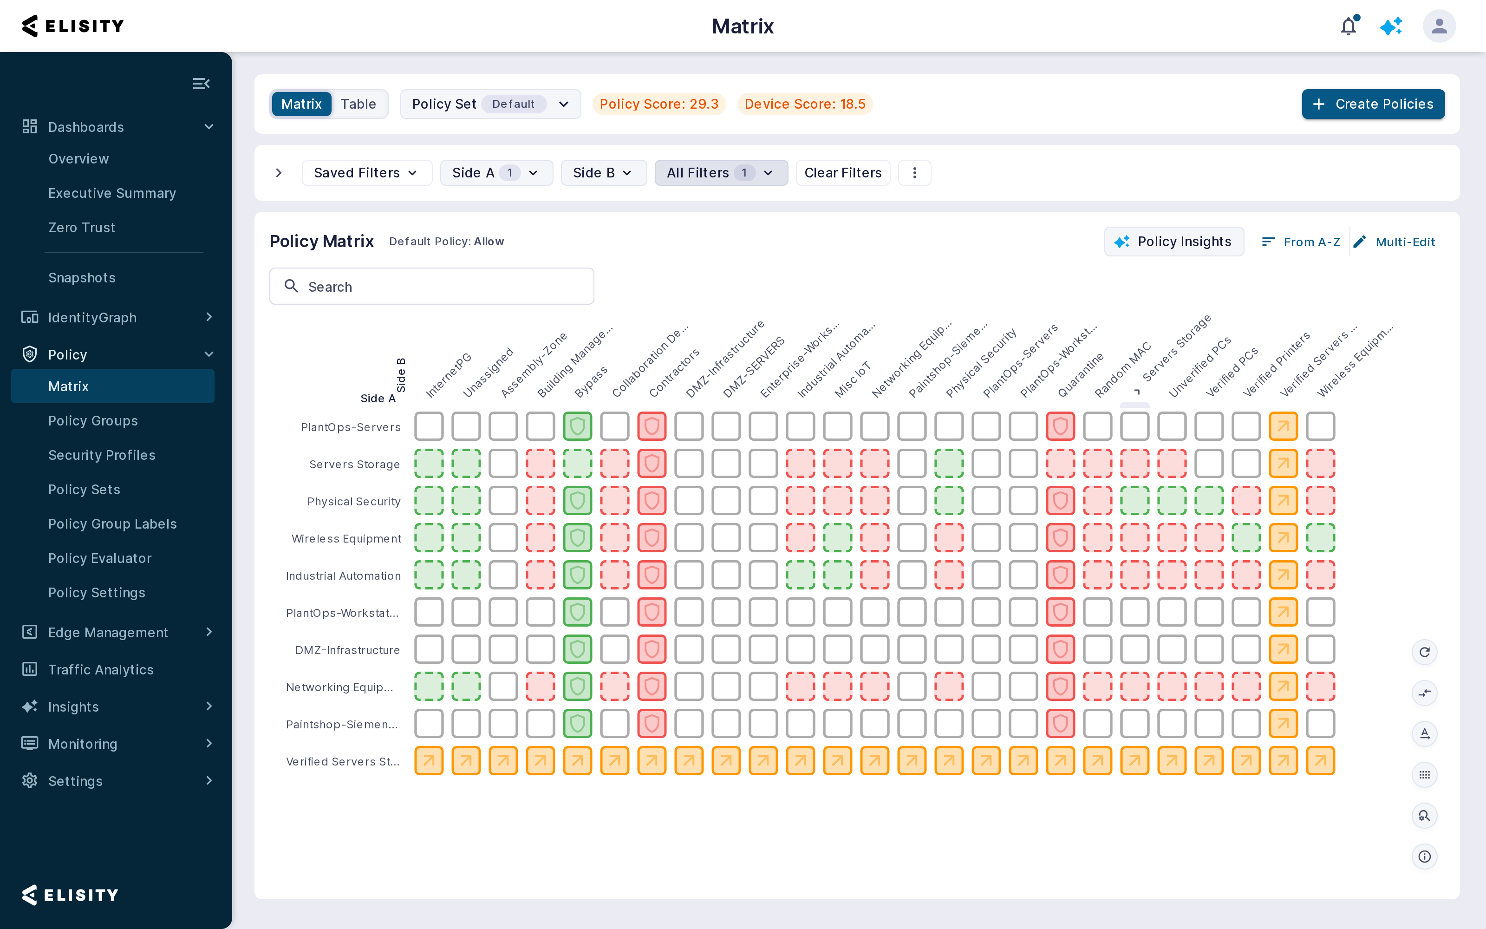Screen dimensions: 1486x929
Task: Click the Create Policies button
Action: pos(1373,104)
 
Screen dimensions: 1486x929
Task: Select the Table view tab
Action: pos(358,104)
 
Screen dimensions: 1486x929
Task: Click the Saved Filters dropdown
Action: pos(366,173)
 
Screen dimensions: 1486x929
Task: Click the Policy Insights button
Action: pos(1174,242)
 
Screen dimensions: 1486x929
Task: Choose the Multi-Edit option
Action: pos(1395,242)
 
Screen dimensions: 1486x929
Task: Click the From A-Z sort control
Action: pos(1301,242)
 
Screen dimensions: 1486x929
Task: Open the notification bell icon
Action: pos(1349,26)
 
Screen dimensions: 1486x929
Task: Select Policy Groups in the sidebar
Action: pos(93,421)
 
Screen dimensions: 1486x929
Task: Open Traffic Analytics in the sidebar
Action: pos(101,670)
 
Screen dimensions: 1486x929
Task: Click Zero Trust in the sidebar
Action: pos(82,227)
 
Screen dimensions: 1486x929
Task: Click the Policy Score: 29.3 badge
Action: pos(659,104)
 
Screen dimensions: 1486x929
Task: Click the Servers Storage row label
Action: pos(354,464)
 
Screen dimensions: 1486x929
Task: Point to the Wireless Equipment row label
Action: pos(346,539)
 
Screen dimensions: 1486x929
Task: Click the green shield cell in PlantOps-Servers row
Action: pos(577,426)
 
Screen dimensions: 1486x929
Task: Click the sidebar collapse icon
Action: pos(202,84)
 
